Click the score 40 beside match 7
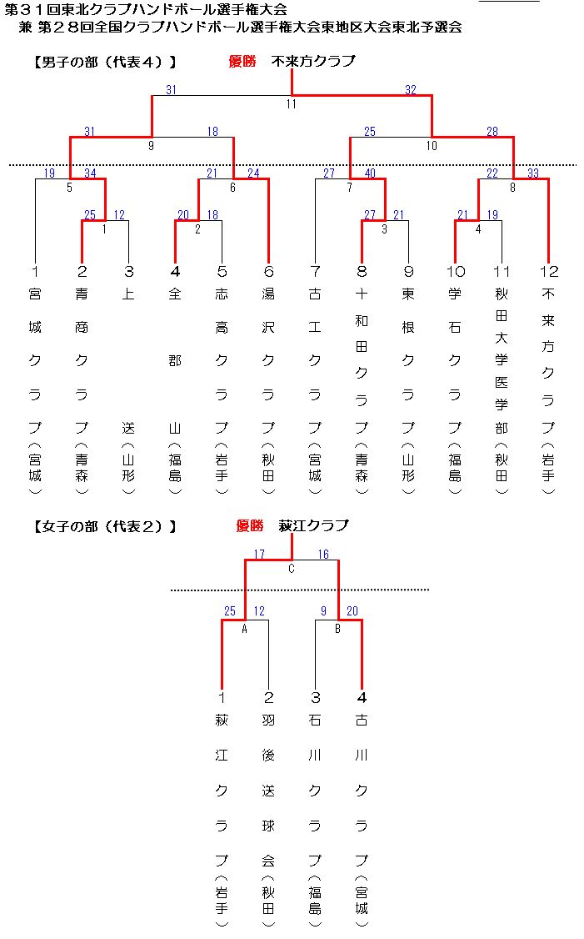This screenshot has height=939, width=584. [x=370, y=173]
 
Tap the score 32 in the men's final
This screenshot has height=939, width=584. [x=411, y=90]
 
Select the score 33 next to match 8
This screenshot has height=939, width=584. [x=533, y=173]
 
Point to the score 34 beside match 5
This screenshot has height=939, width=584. [x=90, y=173]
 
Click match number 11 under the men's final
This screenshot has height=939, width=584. [x=292, y=104]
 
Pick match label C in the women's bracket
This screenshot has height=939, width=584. [x=292, y=569]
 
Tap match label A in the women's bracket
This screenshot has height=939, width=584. [x=244, y=629]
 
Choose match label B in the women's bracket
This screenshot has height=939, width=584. [x=338, y=629]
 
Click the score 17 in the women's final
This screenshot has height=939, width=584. [x=259, y=555]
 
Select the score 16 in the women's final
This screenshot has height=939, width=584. [x=323, y=555]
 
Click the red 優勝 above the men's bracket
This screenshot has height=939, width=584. [x=242, y=61]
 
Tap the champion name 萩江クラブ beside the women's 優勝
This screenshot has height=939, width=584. [x=313, y=526]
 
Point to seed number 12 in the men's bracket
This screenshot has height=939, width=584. [x=549, y=272]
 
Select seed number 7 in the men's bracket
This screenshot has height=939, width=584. [x=316, y=272]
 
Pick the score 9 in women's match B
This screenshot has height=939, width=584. [x=324, y=610]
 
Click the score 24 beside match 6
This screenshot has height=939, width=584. [x=254, y=173]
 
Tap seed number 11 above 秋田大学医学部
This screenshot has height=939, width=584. [x=502, y=272]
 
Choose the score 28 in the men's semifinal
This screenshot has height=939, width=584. [x=492, y=132]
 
